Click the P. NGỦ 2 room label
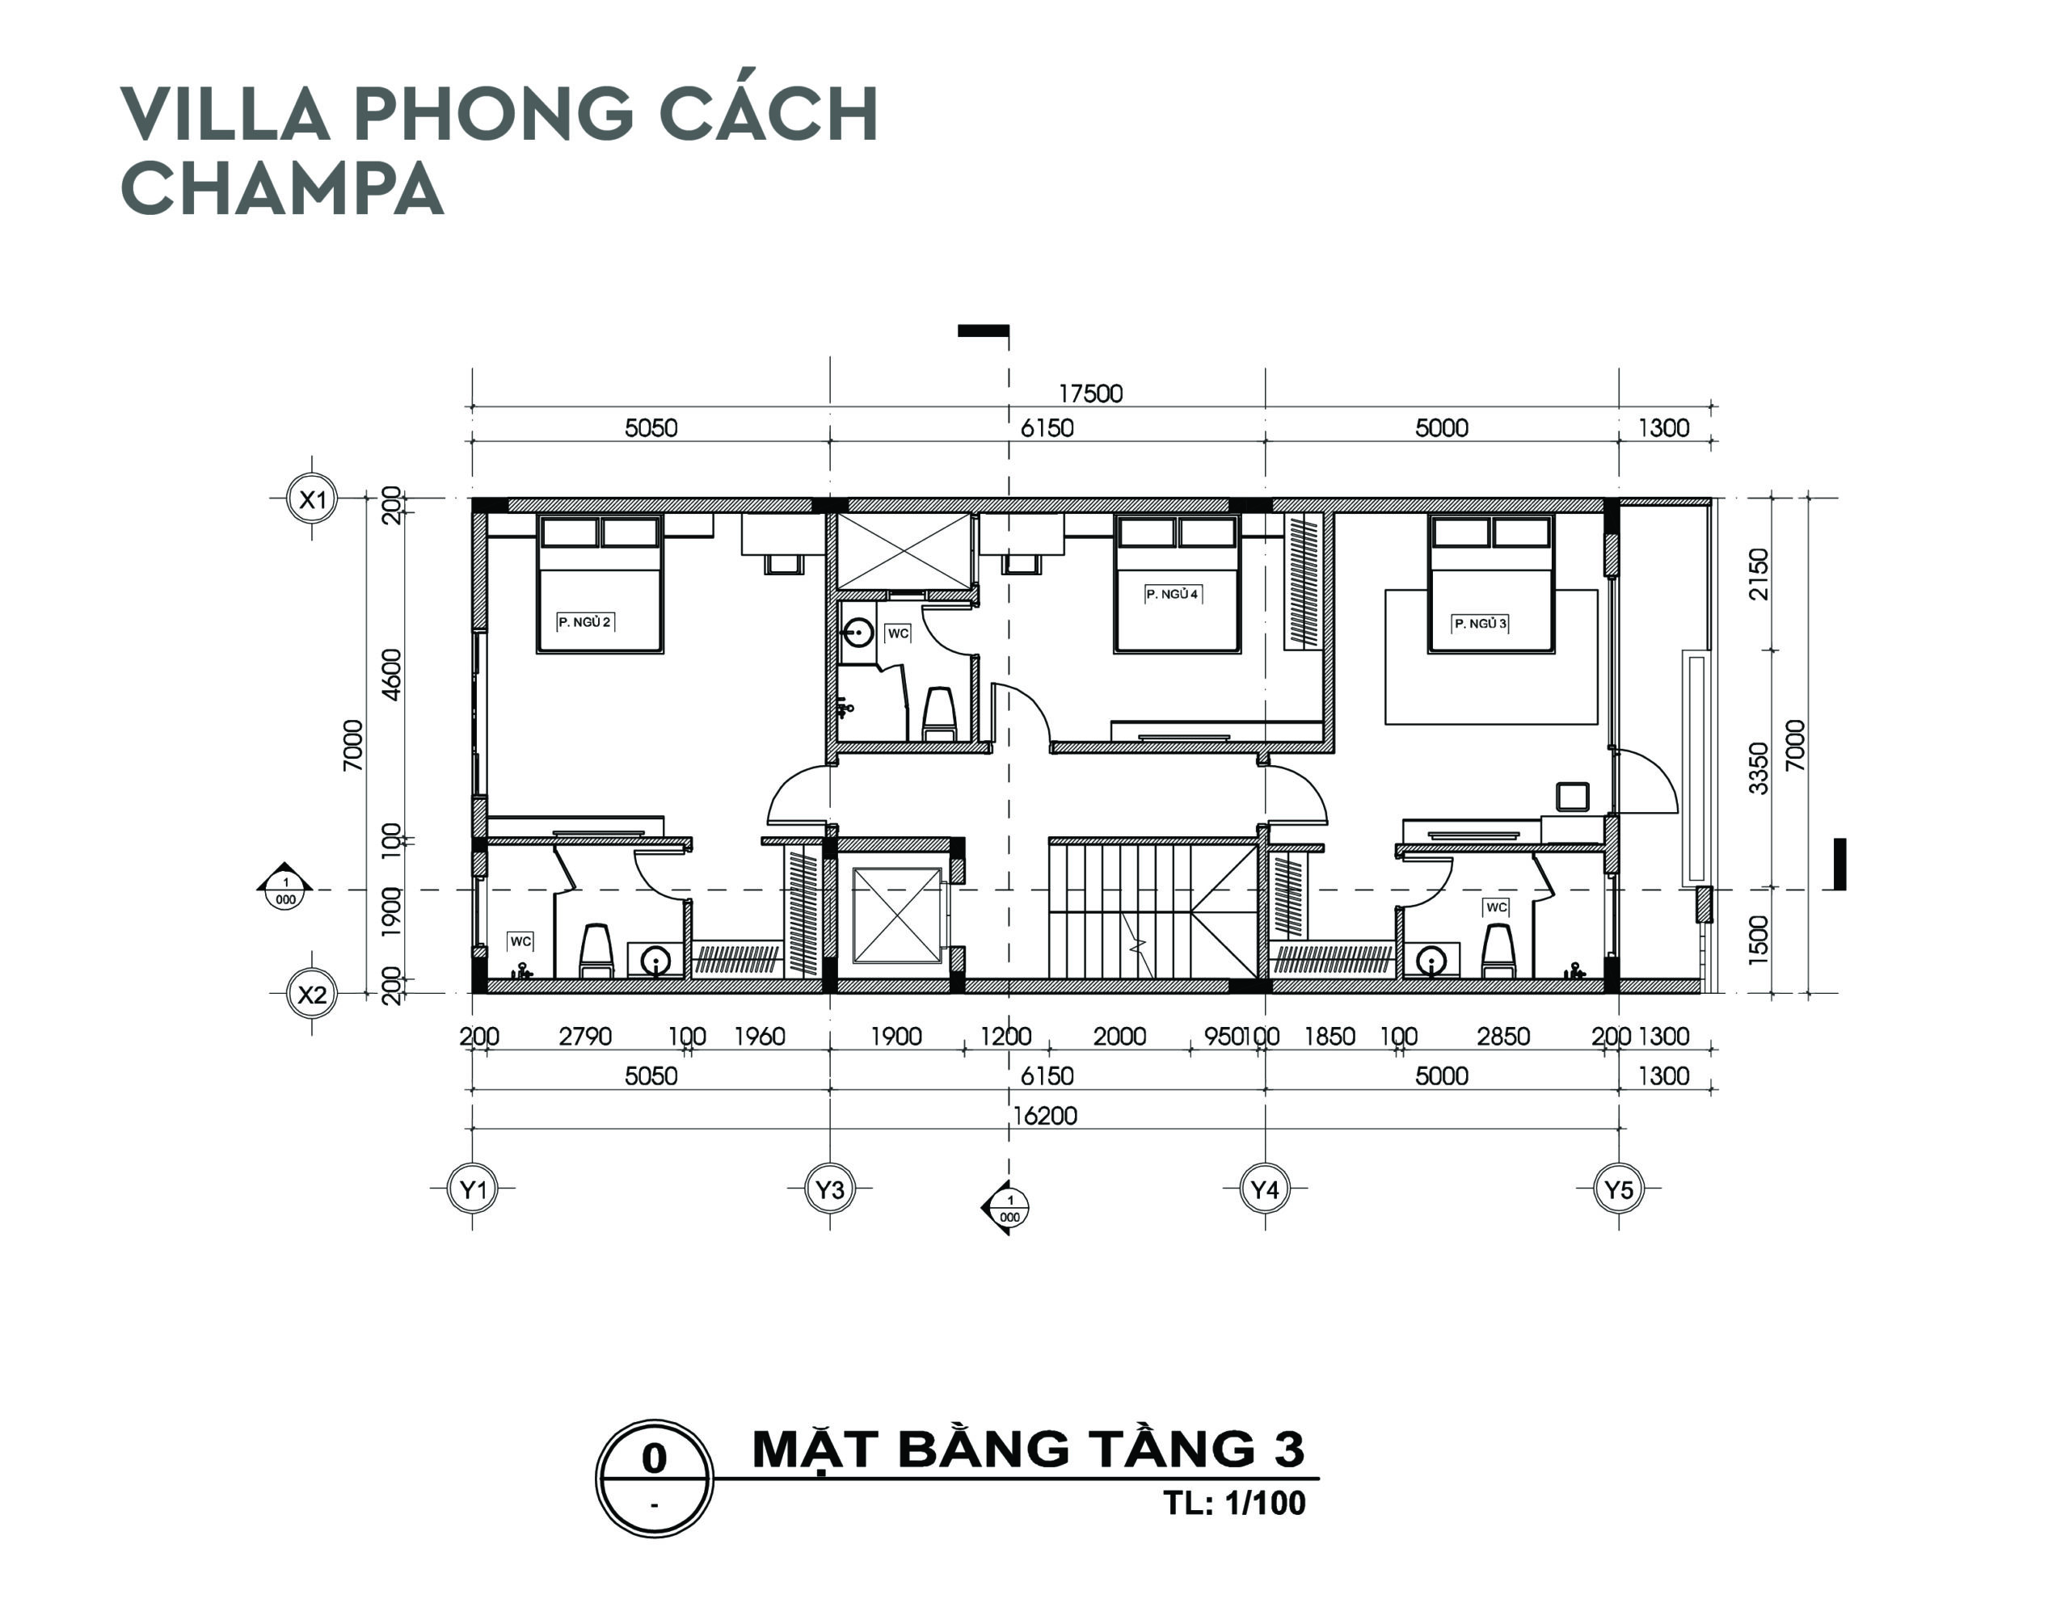pyautogui.click(x=584, y=622)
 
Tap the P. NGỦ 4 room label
pyautogui.click(x=1172, y=594)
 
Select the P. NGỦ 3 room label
pyautogui.click(x=1480, y=623)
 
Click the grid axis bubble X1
pyautogui.click(x=313, y=499)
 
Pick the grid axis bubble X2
pyautogui.click(x=312, y=994)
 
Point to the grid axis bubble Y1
pyautogui.click(x=473, y=1188)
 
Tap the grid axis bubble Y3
pyautogui.click(x=830, y=1188)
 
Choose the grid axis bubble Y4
pyautogui.click(x=1265, y=1188)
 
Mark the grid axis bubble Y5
pyautogui.click(x=1619, y=1188)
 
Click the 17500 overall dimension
pyautogui.click(x=1090, y=394)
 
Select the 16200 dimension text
pyautogui.click(x=1045, y=1116)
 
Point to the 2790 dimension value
pyautogui.click(x=584, y=1037)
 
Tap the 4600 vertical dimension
pyautogui.click(x=391, y=675)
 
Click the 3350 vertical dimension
pyautogui.click(x=1759, y=768)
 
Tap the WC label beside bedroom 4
pyautogui.click(x=897, y=633)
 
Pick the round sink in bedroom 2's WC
pyautogui.click(x=655, y=962)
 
